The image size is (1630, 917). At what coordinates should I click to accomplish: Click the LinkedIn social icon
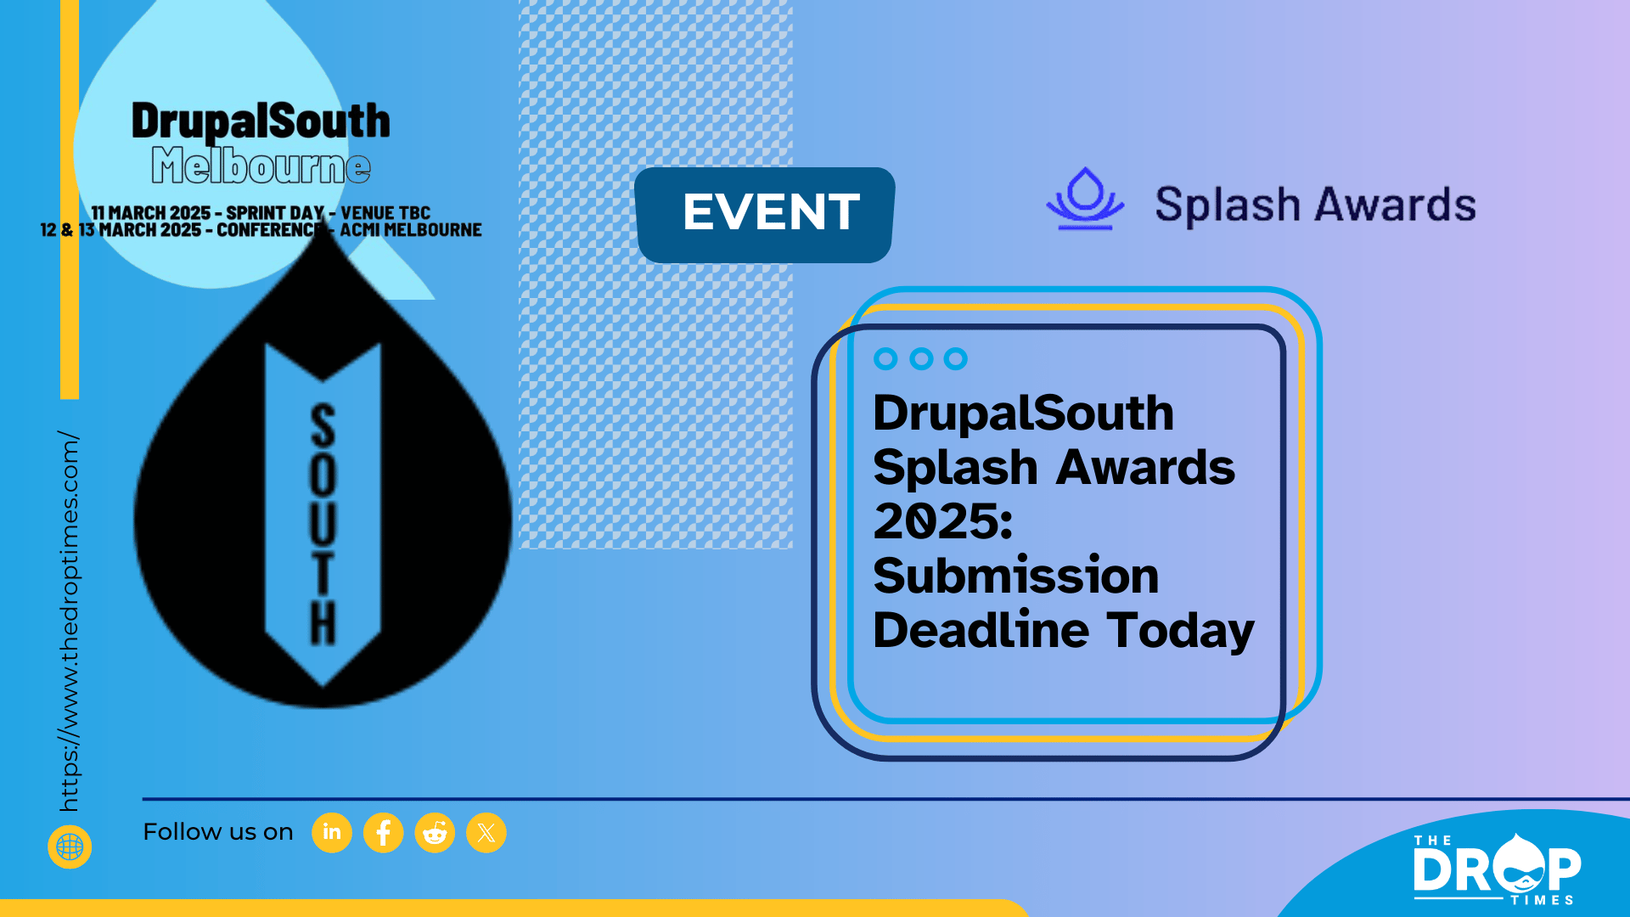pos(332,832)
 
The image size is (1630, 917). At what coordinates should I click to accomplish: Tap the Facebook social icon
pos(384,832)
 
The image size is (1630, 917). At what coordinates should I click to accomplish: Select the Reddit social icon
pos(435,832)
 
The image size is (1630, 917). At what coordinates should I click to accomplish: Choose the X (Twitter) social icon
pos(486,832)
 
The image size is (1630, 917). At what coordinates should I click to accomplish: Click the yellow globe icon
pos(70,847)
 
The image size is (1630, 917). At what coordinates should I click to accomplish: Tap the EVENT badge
pos(765,215)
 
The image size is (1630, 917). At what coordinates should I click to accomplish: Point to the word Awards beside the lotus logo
pos(1396,205)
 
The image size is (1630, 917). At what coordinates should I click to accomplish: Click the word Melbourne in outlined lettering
pos(261,165)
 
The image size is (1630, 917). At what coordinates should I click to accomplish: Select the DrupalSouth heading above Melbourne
pos(261,121)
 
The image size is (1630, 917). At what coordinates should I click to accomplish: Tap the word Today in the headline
pos(1181,631)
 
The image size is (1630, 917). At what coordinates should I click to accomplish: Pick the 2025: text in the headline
pos(943,520)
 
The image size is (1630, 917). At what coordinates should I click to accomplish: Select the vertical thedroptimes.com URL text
pos(69,622)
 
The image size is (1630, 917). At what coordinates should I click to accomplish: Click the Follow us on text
pos(218,832)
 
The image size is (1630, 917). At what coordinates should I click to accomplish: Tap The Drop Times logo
pos(1497,869)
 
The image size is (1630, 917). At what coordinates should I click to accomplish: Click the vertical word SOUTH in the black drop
pos(323,524)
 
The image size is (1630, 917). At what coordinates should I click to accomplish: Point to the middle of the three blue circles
pos(921,359)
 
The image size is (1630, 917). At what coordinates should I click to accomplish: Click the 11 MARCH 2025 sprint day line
pos(261,212)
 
